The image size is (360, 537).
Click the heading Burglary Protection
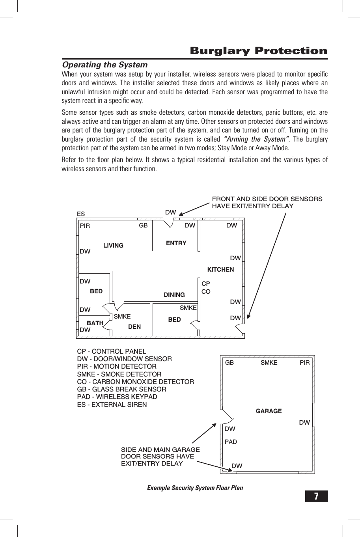pyautogui.click(x=258, y=51)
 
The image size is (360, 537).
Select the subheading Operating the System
pyautogui.click(x=105, y=65)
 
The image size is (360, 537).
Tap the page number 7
pyautogui.click(x=316, y=496)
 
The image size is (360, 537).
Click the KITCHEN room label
pyautogui.click(x=220, y=270)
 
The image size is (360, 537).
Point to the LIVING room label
pyautogui.click(x=113, y=246)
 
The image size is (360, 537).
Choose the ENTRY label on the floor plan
pyautogui.click(x=176, y=243)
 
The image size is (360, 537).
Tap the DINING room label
pyautogui.click(x=174, y=295)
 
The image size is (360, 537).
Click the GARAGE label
pyautogui.click(x=269, y=411)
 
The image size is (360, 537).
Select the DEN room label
pyautogui.click(x=134, y=327)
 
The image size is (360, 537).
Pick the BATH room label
pyautogui.click(x=95, y=323)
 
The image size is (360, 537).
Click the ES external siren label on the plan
pyautogui.click(x=81, y=214)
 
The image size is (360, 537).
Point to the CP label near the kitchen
pyautogui.click(x=206, y=284)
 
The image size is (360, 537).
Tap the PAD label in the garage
pyautogui.click(x=231, y=442)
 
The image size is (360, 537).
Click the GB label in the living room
pyautogui.click(x=143, y=226)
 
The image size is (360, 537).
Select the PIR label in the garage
pyautogui.click(x=304, y=363)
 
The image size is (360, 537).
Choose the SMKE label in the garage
pyautogui.click(x=269, y=363)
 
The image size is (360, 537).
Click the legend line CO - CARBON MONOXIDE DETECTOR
pyautogui.click(x=136, y=382)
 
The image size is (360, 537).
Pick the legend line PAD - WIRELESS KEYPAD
pyautogui.click(x=117, y=397)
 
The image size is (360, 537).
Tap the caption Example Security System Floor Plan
pyautogui.click(x=195, y=488)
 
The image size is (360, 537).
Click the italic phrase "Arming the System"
pyautogui.click(x=256, y=139)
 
